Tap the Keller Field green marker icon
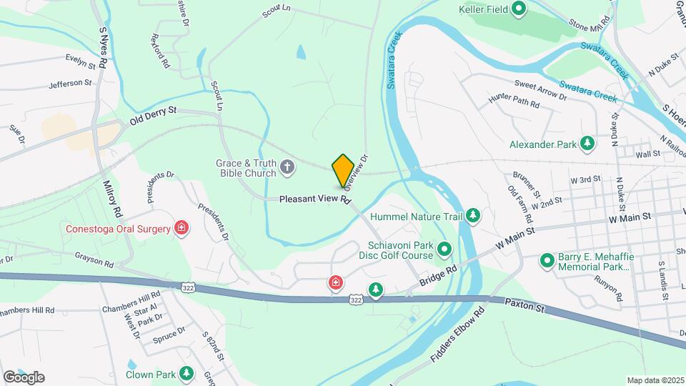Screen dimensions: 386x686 pos(520,9)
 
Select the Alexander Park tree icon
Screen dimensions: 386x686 pos(587,144)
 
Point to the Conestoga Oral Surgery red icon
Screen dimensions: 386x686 pos(182,229)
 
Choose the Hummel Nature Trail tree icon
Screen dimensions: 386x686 pos(472,215)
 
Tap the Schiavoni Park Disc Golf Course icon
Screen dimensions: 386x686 pos(444,249)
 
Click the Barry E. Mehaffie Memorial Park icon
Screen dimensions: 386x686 pos(547,261)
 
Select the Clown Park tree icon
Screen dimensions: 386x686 pos(187,374)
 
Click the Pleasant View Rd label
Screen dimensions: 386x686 pos(315,199)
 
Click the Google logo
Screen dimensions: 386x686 pos(23,377)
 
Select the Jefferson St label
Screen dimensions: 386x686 pos(71,84)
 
